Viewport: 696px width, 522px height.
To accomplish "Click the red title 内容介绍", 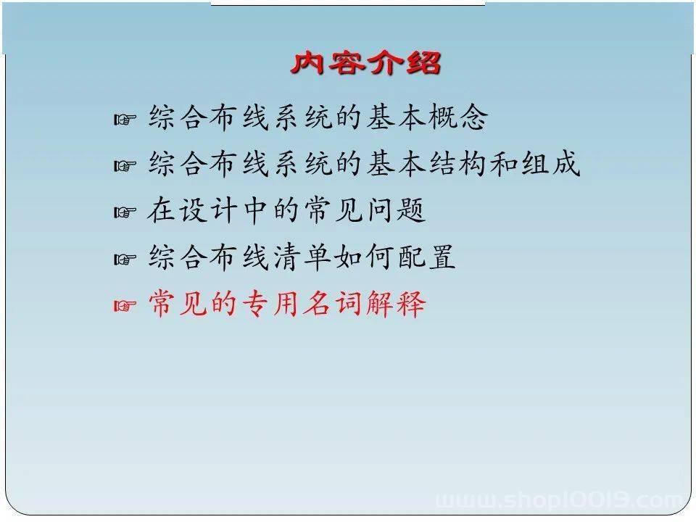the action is pyautogui.click(x=365, y=62).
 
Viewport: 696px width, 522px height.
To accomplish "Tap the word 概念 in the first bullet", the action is pyautogui.click(x=457, y=117).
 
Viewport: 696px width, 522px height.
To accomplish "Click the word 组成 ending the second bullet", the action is pyautogui.click(x=550, y=164).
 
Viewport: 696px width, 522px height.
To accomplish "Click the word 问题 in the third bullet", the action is pyautogui.click(x=397, y=210).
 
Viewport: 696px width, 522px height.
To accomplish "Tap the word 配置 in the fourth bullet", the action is pyautogui.click(x=426, y=257).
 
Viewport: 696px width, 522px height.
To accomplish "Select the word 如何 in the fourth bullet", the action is pyautogui.click(x=365, y=257).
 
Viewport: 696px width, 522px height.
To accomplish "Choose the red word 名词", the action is pyautogui.click(x=333, y=304).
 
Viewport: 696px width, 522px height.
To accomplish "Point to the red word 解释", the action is pyautogui.click(x=395, y=304).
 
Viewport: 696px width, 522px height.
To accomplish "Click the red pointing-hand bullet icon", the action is pyautogui.click(x=125, y=305).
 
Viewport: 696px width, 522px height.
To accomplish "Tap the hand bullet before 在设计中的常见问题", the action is pyautogui.click(x=125, y=212).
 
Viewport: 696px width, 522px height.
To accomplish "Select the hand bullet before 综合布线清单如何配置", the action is pyautogui.click(x=125, y=258).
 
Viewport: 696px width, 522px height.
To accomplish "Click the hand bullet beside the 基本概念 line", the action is pyautogui.click(x=125, y=119).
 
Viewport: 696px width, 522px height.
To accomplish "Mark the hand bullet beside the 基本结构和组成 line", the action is pyautogui.click(x=125, y=165).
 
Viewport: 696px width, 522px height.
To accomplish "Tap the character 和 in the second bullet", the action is pyautogui.click(x=505, y=164).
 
